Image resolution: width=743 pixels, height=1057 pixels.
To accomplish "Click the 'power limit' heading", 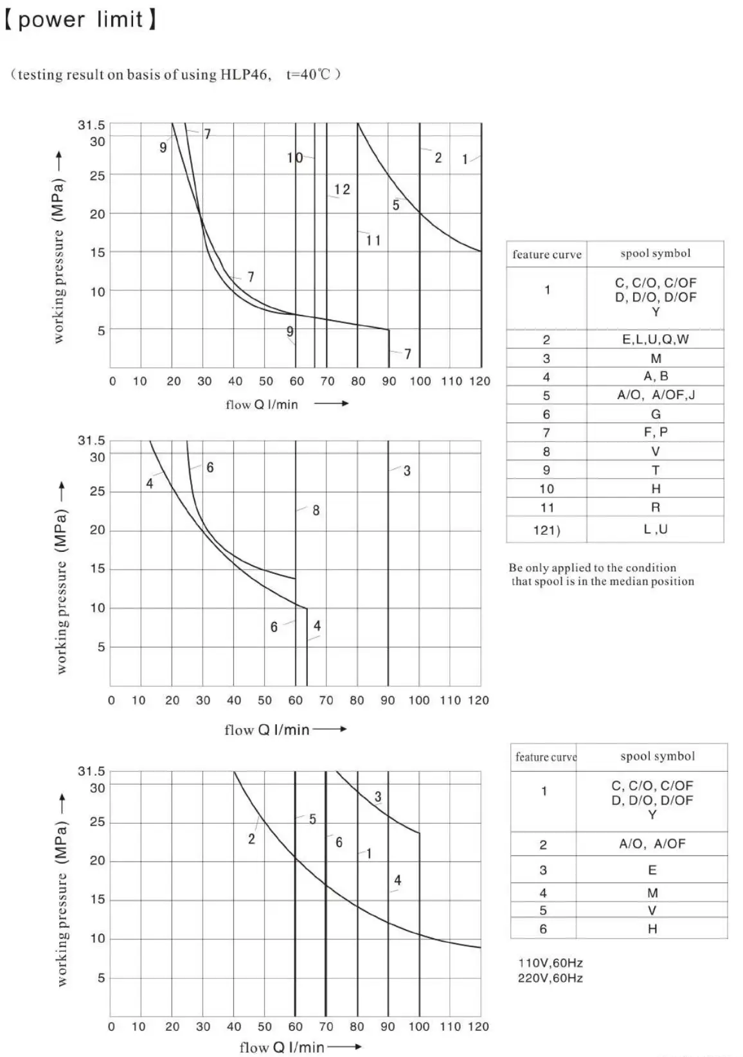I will tap(80, 19).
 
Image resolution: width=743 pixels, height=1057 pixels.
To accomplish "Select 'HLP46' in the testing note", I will tap(246, 75).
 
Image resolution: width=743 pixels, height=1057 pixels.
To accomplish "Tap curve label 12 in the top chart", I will tap(342, 189).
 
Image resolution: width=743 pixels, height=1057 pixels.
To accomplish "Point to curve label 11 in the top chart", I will tap(373, 240).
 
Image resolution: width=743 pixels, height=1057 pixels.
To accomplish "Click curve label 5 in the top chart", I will tap(396, 205).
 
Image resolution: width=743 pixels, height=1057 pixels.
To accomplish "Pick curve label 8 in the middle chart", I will tap(316, 510).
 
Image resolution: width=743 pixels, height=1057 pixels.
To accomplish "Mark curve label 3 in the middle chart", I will tap(407, 471).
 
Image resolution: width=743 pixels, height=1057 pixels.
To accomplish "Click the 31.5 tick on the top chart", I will tap(91, 125).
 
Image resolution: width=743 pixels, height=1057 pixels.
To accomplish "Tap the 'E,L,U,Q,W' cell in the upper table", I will tap(655, 339).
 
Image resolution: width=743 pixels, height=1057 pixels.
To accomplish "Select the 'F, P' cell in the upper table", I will tap(656, 432).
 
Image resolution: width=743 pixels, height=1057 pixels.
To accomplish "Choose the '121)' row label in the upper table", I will tap(547, 530).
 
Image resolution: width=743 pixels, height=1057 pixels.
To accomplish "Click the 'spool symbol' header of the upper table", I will tap(656, 253).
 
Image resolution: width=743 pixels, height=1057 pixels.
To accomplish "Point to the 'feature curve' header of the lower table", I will tap(546, 757).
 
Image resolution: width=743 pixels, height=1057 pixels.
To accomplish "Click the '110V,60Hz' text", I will tap(550, 963).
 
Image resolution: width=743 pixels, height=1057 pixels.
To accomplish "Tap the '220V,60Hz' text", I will tap(550, 978).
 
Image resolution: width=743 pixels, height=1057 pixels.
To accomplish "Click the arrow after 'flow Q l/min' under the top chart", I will tap(331, 404).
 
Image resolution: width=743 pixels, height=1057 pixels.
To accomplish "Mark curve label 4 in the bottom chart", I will tap(397, 880).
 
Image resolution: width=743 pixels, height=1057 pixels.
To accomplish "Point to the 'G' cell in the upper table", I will tap(656, 414).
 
